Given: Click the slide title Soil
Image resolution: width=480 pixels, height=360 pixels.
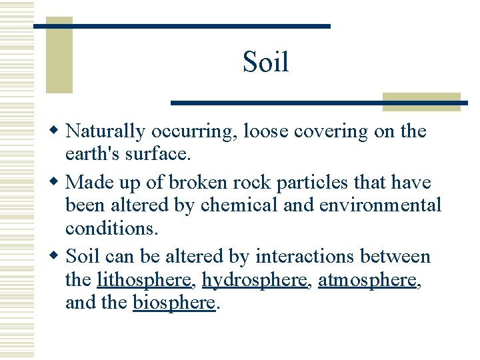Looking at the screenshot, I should (x=265, y=63).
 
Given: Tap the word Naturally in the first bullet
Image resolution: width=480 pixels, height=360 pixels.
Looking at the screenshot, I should (x=109, y=132).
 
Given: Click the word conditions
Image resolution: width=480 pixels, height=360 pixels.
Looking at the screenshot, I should (x=111, y=228).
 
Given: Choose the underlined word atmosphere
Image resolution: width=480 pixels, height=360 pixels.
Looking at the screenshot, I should (x=367, y=280).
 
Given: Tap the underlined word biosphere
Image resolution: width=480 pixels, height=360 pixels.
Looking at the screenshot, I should (x=174, y=303).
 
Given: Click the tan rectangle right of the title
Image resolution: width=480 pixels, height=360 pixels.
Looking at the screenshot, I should (x=421, y=101).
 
